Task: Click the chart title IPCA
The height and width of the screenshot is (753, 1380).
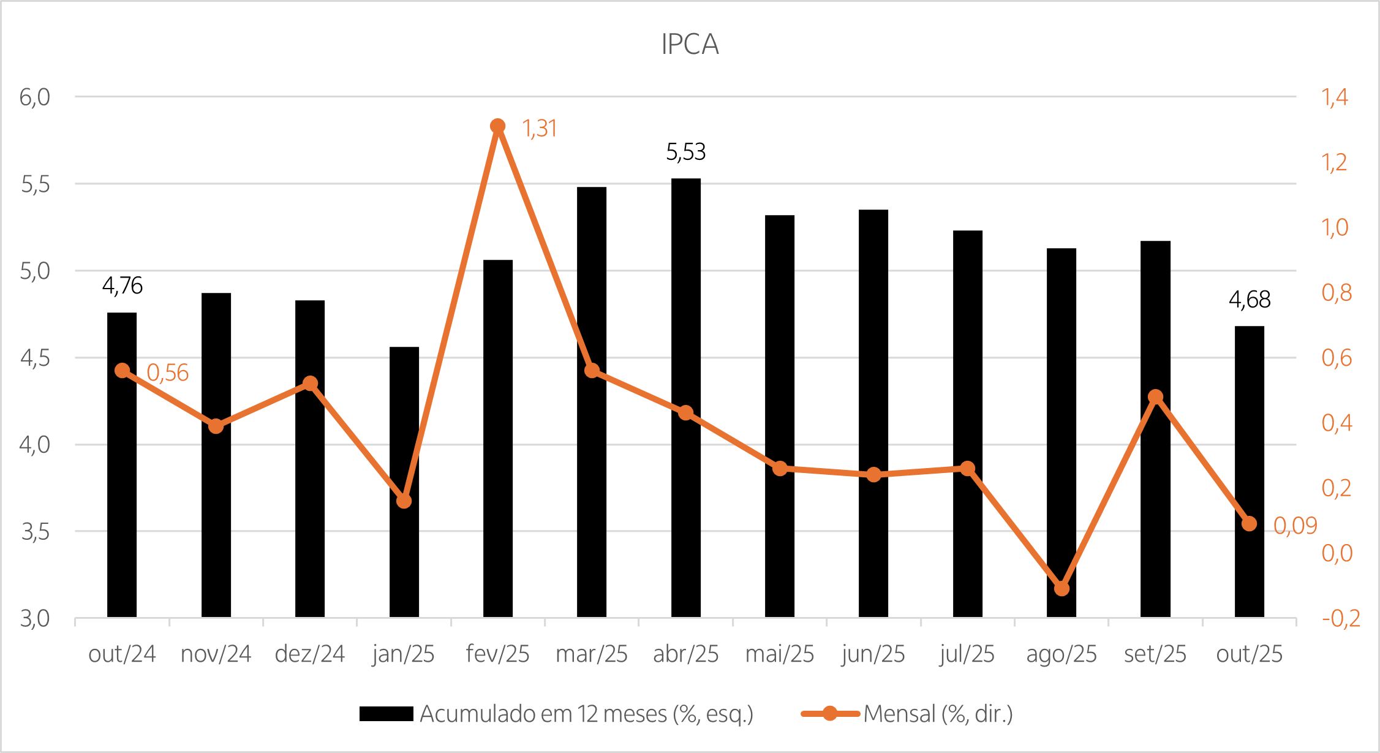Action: pyautogui.click(x=690, y=44)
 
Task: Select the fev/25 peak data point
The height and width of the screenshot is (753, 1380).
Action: pyautogui.click(x=497, y=126)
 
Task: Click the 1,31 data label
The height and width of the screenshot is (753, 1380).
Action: pyautogui.click(x=539, y=129)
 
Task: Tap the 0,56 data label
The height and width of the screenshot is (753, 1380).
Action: pyautogui.click(x=167, y=373)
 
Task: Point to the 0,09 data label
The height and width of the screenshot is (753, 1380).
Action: pyautogui.click(x=1294, y=526)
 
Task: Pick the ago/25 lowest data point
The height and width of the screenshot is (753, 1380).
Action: pyautogui.click(x=1061, y=588)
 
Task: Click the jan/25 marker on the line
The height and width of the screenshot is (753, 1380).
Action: pyautogui.click(x=404, y=501)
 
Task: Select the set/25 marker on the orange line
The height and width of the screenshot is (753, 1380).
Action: pyautogui.click(x=1155, y=397)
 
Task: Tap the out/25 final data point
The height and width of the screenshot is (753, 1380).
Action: pyautogui.click(x=1249, y=523)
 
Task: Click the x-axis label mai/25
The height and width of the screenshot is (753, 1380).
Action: pyautogui.click(x=779, y=654)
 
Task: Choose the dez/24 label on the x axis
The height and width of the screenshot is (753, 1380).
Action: pyautogui.click(x=309, y=654)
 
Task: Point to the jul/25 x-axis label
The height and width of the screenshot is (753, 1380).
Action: pyautogui.click(x=967, y=654)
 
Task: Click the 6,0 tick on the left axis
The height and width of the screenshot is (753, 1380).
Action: pyautogui.click(x=34, y=97)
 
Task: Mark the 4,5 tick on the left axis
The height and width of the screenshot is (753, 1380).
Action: pyautogui.click(x=34, y=358)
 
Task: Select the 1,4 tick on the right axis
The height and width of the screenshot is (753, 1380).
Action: pyautogui.click(x=1335, y=97)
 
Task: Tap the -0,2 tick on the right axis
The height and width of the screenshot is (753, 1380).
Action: pyautogui.click(x=1340, y=618)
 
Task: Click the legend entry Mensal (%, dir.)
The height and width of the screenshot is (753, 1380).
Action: pyautogui.click(x=937, y=714)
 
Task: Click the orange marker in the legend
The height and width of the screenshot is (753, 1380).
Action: pyautogui.click(x=830, y=714)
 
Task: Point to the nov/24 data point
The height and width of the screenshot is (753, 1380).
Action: pyautogui.click(x=216, y=426)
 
